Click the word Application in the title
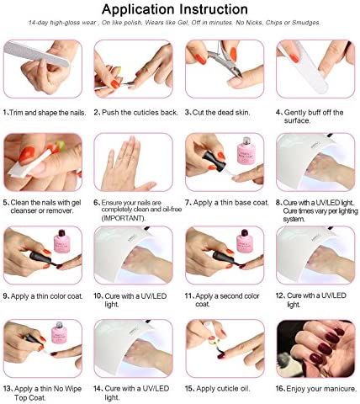click(x=139, y=10)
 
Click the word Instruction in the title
click(x=214, y=9)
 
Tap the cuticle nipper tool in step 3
click(x=225, y=59)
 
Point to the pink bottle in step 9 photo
click(x=61, y=242)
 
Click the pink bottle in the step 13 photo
click(x=60, y=334)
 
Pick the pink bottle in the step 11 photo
click(x=245, y=241)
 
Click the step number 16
click(x=280, y=389)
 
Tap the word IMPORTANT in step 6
click(x=124, y=218)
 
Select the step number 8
click(x=278, y=203)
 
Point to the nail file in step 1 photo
click(x=36, y=54)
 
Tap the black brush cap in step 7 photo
click(x=214, y=162)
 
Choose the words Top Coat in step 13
click(x=29, y=397)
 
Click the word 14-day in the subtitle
click(x=39, y=23)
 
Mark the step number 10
click(x=98, y=296)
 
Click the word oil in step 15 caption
click(x=244, y=389)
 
